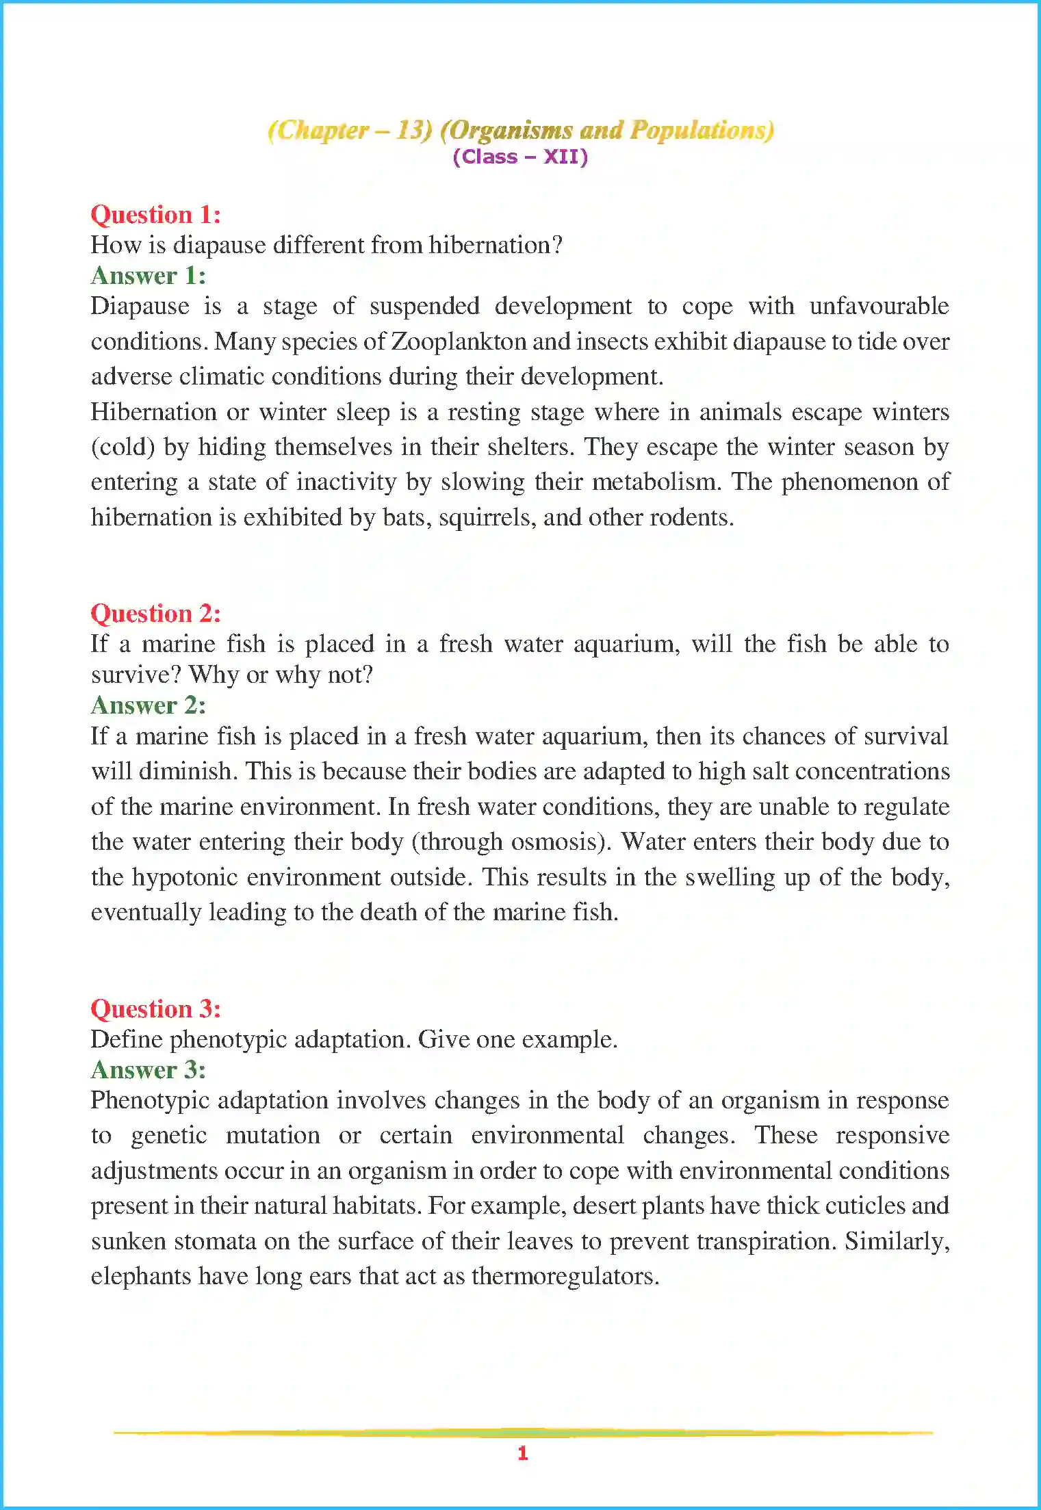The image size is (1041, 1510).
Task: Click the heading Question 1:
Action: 156,215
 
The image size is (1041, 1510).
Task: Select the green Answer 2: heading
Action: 149,705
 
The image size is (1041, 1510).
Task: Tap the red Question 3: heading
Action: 156,1009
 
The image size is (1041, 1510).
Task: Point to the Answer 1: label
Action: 149,276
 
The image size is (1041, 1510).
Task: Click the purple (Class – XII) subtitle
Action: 520,157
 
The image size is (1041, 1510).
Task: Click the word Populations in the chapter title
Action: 701,130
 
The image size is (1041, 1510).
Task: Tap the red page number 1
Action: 523,1453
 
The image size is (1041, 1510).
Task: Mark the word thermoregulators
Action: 565,1277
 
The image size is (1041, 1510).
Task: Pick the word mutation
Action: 273,1136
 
